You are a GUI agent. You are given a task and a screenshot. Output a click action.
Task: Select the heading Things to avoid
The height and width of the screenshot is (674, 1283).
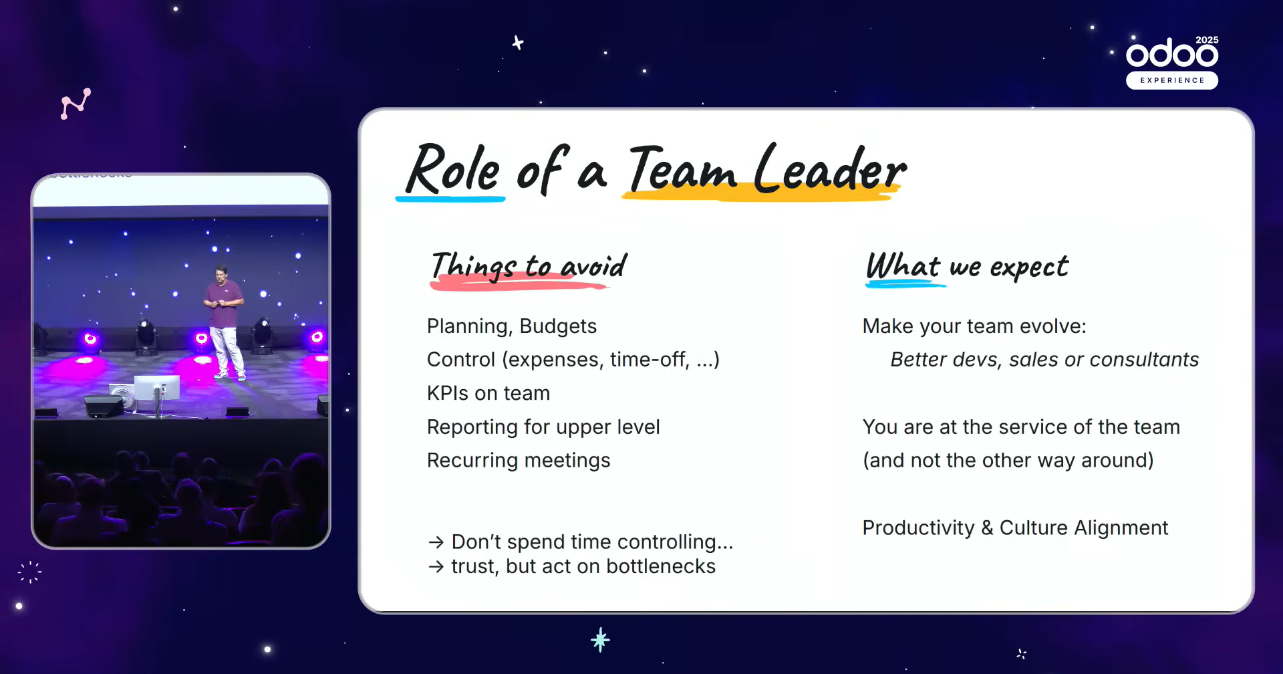[x=529, y=266]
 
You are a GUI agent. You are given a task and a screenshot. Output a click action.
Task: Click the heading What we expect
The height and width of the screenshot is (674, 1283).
[x=967, y=266]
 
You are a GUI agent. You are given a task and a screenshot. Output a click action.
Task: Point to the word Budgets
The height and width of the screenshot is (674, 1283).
[x=558, y=326]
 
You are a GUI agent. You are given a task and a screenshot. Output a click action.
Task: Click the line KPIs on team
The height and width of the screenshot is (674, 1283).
[x=488, y=393]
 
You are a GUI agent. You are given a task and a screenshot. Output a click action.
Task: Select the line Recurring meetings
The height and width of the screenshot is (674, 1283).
[x=519, y=461]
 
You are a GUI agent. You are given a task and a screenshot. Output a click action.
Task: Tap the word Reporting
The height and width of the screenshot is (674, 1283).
[x=472, y=427]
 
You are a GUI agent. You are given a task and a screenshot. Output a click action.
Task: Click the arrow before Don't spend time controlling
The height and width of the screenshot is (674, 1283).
[x=436, y=542]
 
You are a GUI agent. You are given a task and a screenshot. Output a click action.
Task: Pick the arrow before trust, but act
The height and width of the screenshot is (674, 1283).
[x=436, y=567]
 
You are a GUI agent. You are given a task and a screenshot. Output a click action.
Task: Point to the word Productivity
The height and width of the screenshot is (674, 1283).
[x=918, y=528]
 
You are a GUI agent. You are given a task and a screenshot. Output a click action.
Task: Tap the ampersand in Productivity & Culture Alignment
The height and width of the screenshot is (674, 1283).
[x=987, y=528]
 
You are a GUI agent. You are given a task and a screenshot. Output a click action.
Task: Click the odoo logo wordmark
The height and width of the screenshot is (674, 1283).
[x=1172, y=52]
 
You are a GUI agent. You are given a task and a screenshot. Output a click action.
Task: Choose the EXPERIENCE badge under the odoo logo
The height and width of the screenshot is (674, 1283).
[x=1172, y=80]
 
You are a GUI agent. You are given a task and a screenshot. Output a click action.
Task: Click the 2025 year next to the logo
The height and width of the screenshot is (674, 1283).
[x=1207, y=40]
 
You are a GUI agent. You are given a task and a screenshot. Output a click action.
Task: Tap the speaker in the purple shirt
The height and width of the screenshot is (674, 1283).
[x=225, y=322]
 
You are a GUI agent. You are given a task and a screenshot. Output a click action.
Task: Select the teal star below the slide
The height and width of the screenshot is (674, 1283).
[x=600, y=640]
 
